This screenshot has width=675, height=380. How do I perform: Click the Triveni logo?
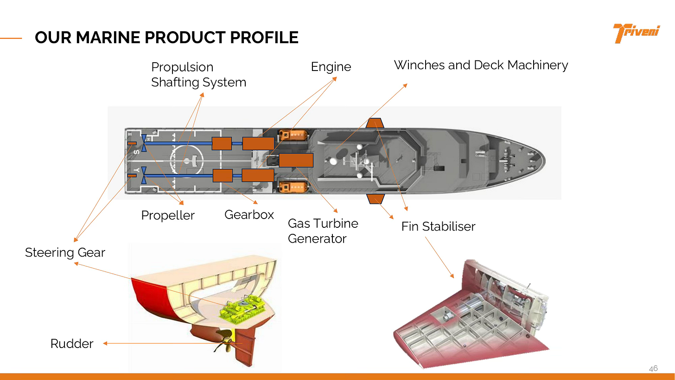(x=637, y=33)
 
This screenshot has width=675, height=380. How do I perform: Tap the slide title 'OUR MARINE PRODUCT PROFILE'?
(x=166, y=38)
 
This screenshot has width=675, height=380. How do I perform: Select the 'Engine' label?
(x=331, y=67)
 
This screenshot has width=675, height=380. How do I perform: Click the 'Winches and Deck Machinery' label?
(x=481, y=65)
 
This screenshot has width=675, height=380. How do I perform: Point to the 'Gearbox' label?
(x=249, y=215)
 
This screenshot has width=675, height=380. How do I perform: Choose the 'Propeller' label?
(x=168, y=216)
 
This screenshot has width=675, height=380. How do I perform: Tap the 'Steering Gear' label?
(x=65, y=253)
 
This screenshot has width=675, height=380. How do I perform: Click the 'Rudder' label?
(x=72, y=344)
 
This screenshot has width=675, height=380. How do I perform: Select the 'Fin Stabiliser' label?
(x=438, y=226)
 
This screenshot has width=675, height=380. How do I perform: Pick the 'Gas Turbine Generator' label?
(x=323, y=231)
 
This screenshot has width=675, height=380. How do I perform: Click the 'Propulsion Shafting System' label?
(x=198, y=75)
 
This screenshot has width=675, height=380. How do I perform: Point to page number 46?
(x=653, y=368)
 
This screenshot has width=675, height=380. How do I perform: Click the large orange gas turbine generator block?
(x=296, y=160)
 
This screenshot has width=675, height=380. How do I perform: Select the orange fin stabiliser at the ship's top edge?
(x=375, y=123)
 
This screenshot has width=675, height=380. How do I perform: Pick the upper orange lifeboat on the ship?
(x=293, y=135)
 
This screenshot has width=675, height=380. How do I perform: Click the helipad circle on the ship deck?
(x=187, y=161)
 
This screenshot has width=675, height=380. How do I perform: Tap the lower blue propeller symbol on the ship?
(x=144, y=175)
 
